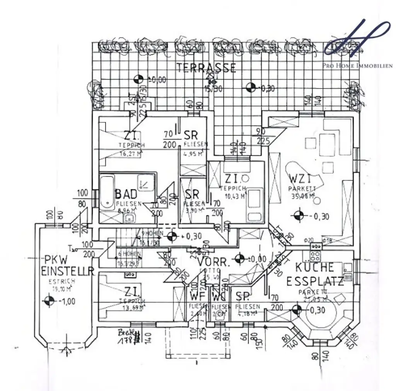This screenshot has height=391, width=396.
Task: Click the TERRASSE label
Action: point(206,68)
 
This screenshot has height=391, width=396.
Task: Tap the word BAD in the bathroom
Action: point(126,194)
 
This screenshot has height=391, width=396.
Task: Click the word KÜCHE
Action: point(314,267)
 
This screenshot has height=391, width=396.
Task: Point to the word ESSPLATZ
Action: point(315,281)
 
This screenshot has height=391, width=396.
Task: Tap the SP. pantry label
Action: point(243,296)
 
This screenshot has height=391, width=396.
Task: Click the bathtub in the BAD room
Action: point(106,196)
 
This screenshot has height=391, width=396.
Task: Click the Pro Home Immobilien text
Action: point(357,66)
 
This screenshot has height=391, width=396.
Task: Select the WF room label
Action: point(198,297)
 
